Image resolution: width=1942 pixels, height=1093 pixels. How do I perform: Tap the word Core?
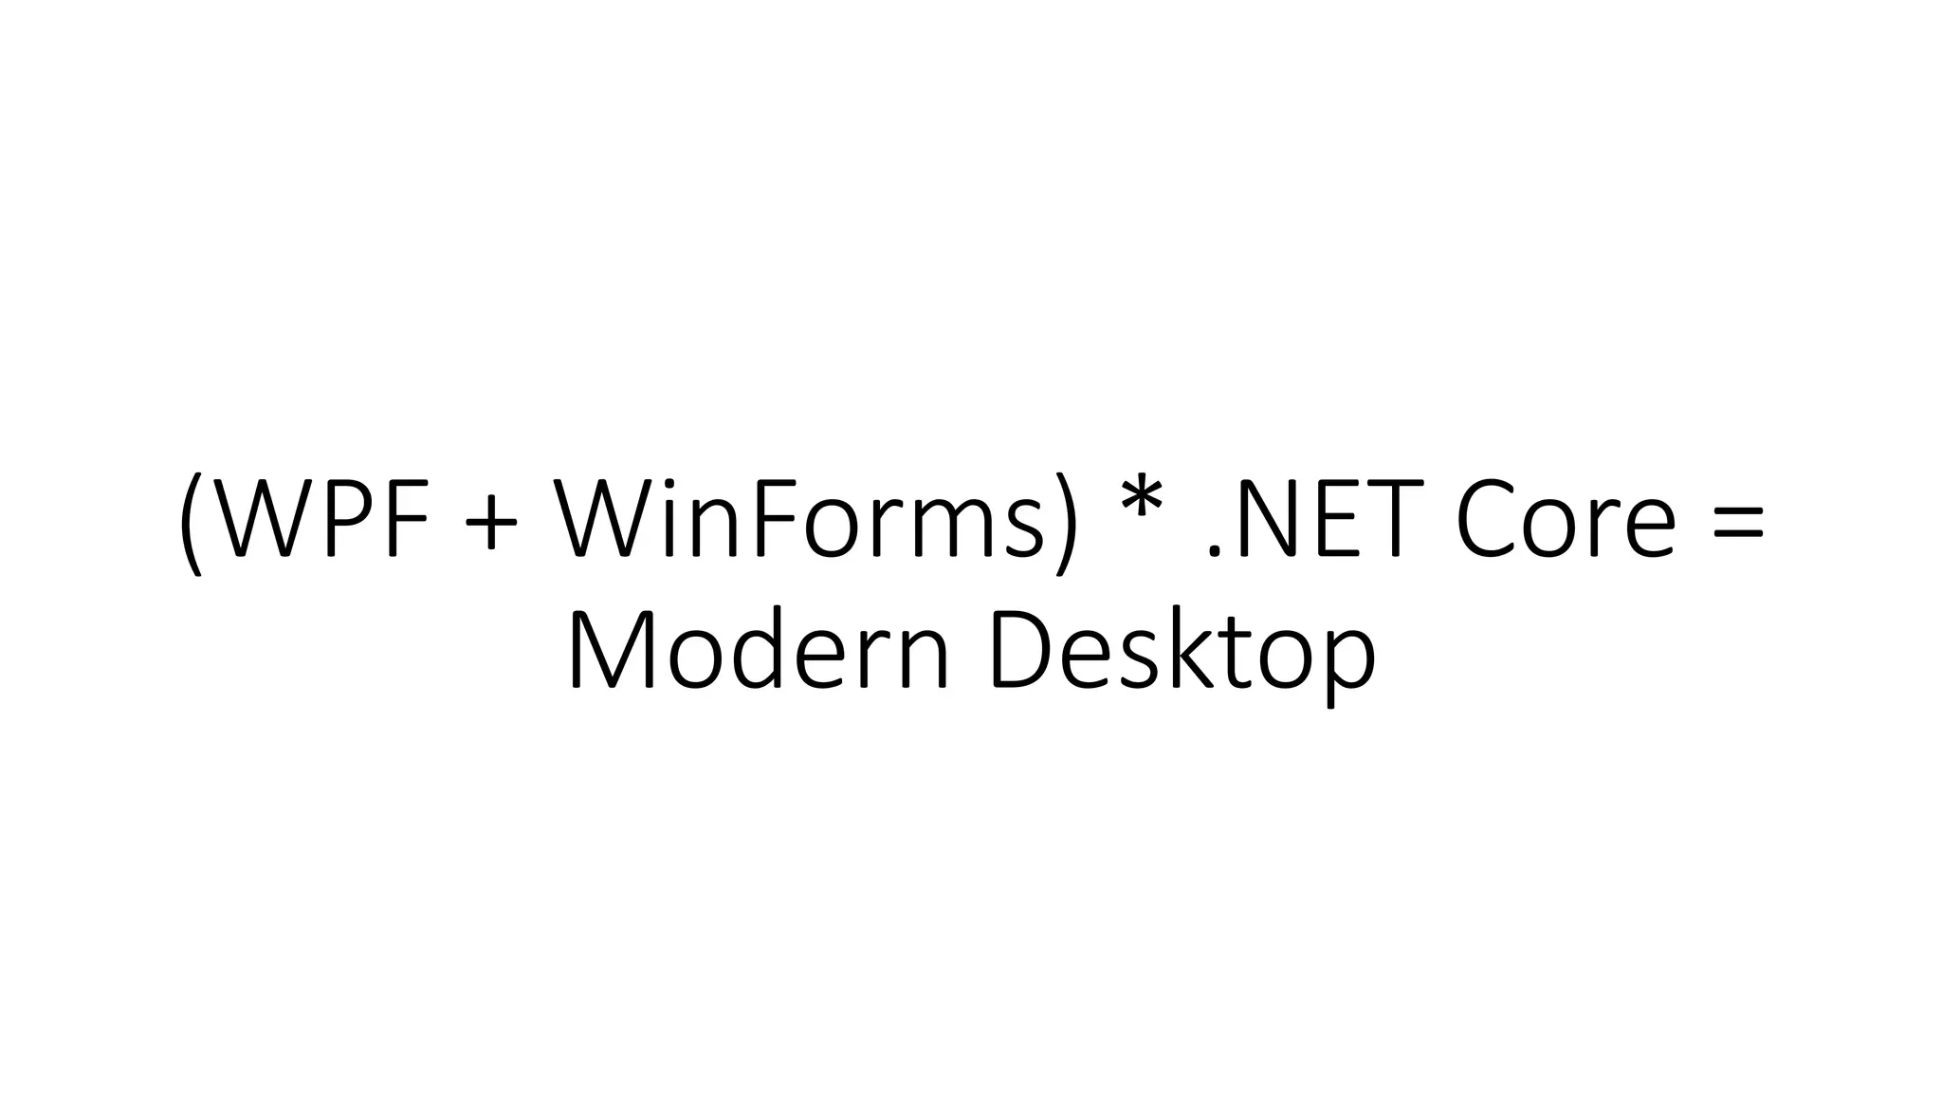1566,519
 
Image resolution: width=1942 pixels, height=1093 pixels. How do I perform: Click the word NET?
1330,519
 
